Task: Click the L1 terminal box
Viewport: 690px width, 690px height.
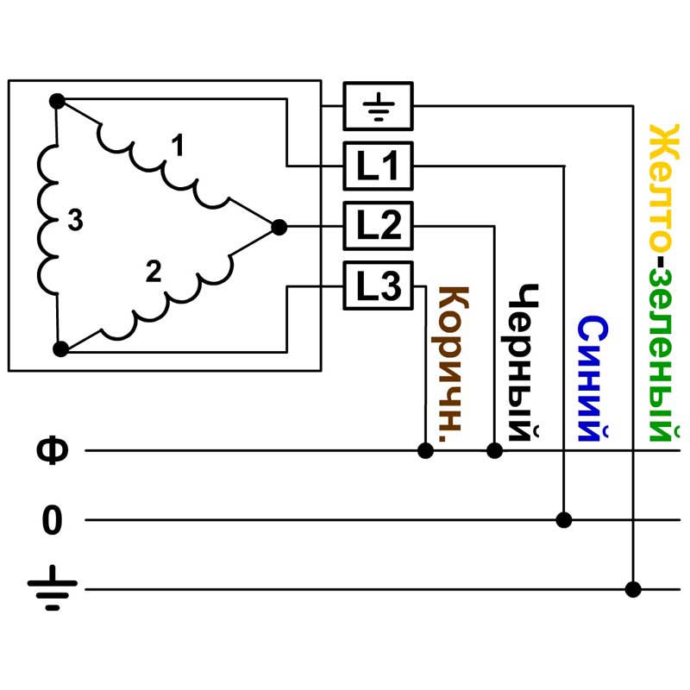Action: [378, 166]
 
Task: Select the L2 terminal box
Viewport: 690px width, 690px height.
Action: [378, 226]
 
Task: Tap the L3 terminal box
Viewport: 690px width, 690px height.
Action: [378, 285]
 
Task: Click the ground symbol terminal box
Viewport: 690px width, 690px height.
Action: [378, 106]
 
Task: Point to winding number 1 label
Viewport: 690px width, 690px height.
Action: [178, 146]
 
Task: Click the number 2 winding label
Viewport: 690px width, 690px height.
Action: [154, 272]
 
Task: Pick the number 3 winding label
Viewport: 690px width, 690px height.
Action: [75, 220]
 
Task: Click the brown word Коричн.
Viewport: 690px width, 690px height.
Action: [451, 364]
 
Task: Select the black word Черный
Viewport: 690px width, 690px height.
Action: [523, 362]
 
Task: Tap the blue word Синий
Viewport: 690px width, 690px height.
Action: [593, 379]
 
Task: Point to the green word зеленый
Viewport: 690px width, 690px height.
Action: [663, 355]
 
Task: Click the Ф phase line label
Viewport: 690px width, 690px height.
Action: [53, 450]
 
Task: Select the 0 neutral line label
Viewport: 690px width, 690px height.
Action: [52, 520]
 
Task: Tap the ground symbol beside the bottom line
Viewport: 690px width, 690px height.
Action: [53, 588]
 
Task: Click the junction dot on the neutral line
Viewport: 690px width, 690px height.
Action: [564, 520]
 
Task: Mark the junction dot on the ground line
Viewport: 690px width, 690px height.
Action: [633, 589]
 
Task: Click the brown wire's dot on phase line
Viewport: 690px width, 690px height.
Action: [425, 450]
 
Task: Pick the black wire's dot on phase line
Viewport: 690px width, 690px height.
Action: [494, 450]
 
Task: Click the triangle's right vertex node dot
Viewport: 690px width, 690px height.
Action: [279, 227]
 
